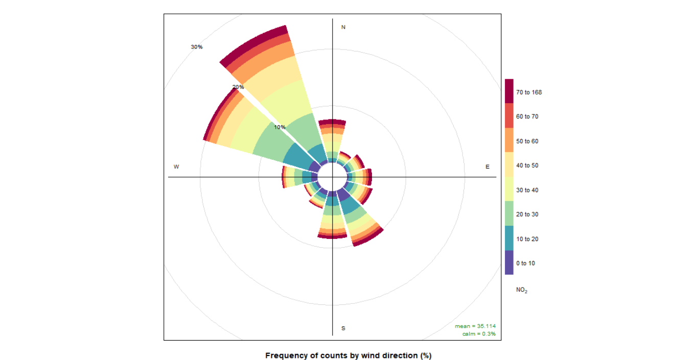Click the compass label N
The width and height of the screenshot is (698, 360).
pyautogui.click(x=343, y=27)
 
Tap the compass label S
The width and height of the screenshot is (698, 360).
pyautogui.click(x=343, y=328)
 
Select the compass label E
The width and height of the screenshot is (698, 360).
pyautogui.click(x=487, y=167)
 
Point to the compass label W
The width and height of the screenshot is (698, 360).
pyautogui.click(x=176, y=167)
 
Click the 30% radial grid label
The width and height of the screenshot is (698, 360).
pyautogui.click(x=197, y=47)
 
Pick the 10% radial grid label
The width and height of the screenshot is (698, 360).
pyautogui.click(x=280, y=127)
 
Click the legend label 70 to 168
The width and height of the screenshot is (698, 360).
pyautogui.click(x=529, y=92)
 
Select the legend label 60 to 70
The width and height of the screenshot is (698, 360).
pyautogui.click(x=527, y=117)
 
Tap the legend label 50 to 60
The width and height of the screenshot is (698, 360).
pyautogui.click(x=527, y=141)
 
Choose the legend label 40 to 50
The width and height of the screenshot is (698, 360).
pyautogui.click(x=527, y=166)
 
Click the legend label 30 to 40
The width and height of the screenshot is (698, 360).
pyautogui.click(x=527, y=190)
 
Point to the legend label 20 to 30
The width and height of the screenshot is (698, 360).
pyautogui.click(x=527, y=214)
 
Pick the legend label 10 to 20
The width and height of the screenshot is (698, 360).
pyautogui.click(x=527, y=239)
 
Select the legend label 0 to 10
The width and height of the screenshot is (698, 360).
pyautogui.click(x=525, y=263)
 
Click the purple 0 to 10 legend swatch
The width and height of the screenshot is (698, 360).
pyautogui.click(x=509, y=262)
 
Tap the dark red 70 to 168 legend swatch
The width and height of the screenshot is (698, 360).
pyautogui.click(x=509, y=91)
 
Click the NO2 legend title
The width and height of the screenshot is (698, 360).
pyautogui.click(x=522, y=290)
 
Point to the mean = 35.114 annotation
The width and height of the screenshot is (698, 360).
pyautogui.click(x=475, y=326)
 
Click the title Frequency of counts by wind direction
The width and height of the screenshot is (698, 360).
pyautogui.click(x=348, y=355)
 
